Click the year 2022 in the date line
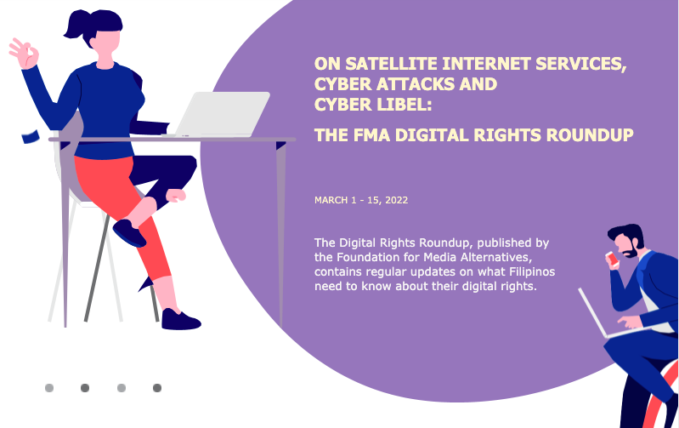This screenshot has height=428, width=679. point(397,200)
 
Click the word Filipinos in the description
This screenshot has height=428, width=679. point(532,272)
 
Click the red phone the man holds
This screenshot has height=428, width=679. point(612,259)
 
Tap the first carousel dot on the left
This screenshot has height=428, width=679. point(49,388)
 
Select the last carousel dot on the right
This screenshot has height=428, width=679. point(157,388)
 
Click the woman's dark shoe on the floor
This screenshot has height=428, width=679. point(180,320)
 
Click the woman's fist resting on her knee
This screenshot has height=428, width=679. point(176,195)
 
